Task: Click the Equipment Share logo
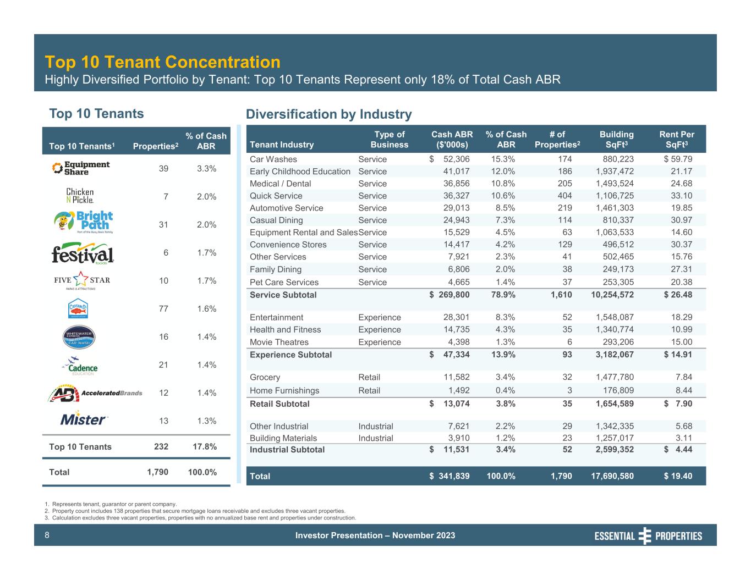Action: [x=81, y=168]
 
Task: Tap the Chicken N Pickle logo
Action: [x=80, y=196]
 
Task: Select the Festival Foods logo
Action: [x=83, y=253]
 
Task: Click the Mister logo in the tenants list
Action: [x=84, y=419]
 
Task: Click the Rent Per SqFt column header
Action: [x=676, y=139]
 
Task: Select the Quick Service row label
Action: [x=276, y=196]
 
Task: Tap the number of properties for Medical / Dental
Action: [x=564, y=184]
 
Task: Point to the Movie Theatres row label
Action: [x=279, y=342]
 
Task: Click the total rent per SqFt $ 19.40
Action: [x=678, y=476]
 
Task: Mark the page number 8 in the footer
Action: [x=47, y=535]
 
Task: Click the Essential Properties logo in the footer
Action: [x=648, y=535]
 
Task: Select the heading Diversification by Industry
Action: [x=328, y=114]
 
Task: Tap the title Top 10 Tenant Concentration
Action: [x=162, y=62]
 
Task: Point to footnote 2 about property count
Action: [x=195, y=511]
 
